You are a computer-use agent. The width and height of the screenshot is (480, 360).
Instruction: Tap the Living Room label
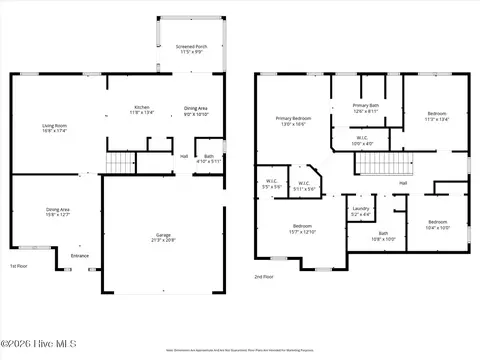click(54, 128)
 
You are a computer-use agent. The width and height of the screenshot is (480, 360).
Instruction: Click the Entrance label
click(79, 256)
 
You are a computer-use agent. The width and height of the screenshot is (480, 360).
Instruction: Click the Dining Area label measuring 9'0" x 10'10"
click(196, 111)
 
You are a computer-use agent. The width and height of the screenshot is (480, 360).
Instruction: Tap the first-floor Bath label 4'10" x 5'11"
click(209, 158)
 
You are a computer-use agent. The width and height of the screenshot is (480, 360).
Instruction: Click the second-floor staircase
click(400, 164)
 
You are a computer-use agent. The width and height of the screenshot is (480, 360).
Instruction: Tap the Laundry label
click(361, 211)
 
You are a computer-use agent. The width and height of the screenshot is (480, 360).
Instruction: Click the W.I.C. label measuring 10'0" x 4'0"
click(363, 141)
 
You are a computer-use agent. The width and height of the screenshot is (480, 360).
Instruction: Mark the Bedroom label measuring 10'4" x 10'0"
click(437, 224)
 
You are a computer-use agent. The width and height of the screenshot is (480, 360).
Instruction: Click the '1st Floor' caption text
click(19, 266)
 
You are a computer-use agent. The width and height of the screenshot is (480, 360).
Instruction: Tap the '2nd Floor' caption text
click(264, 276)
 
